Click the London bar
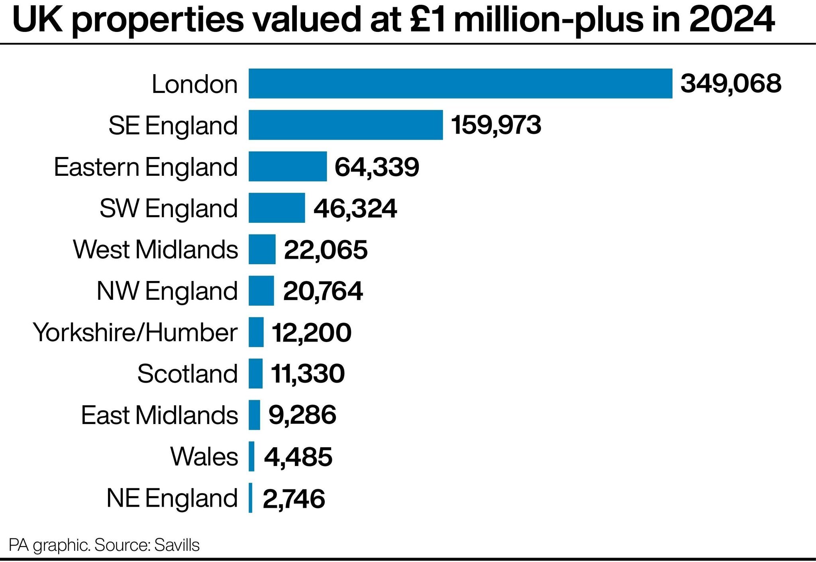460,83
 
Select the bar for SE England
345,125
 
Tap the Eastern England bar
288,166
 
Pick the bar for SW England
277,208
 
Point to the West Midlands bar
262,249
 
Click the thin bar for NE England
251,498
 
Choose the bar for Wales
251,456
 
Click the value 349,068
731,84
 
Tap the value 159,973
496,125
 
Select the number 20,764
323,291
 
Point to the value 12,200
311,332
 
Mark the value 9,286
302,415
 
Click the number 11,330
308,374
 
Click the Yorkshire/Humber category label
135,332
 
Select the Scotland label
187,374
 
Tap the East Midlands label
159,415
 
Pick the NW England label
167,291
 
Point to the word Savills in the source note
177,545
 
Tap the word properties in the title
158,21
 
